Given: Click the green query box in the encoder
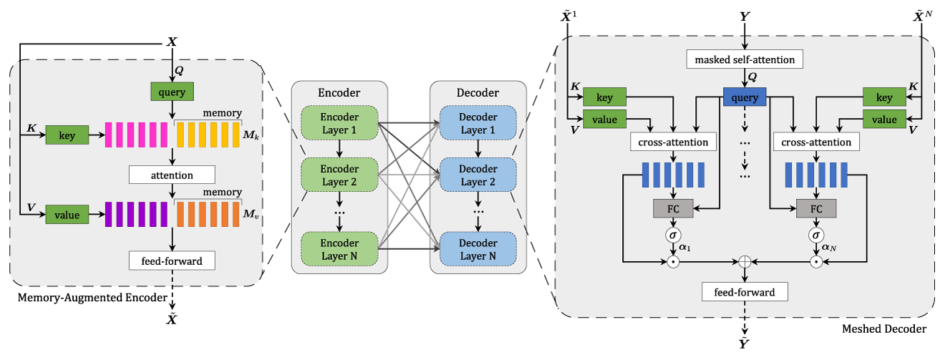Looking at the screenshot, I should [172, 92].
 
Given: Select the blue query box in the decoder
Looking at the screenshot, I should [745, 97].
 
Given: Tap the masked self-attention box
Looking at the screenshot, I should [745, 60].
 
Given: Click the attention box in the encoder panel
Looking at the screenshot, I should [172, 175].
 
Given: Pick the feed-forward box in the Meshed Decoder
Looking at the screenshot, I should [745, 292].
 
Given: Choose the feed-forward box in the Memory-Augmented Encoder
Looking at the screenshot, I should [172, 261].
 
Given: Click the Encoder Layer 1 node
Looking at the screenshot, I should [340, 123].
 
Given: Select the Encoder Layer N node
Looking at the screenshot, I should [340, 249].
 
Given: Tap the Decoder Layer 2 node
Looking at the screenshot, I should [478, 175].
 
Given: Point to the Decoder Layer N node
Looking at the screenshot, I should [478, 249].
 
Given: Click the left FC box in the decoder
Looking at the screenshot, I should [673, 209].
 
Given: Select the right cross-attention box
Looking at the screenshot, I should [816, 142].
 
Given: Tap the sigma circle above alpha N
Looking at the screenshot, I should [816, 235].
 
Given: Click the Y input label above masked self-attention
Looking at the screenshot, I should [745, 14].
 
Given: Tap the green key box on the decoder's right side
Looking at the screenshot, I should [884, 97].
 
